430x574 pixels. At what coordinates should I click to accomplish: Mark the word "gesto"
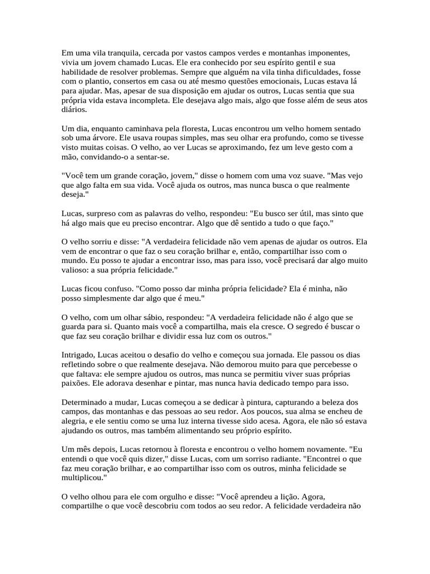tap(306, 148)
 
